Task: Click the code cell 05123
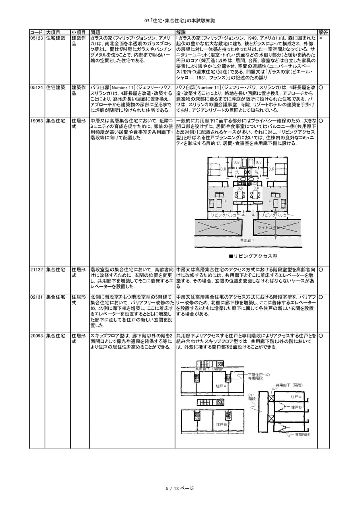pos(37,38)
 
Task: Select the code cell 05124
pos(37,87)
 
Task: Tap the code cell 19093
pos(37,121)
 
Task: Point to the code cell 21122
pos(37,270)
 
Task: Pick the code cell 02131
pos(37,297)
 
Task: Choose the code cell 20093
pos(37,336)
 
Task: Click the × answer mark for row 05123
pos(321,38)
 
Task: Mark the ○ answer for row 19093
pos(321,121)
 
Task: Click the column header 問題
pos(95,33)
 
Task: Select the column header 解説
pos(181,33)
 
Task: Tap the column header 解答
pos(323,33)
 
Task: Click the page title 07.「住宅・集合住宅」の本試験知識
pos(180,21)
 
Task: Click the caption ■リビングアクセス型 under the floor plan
pos(253,256)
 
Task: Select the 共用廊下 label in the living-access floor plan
pos(247,240)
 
